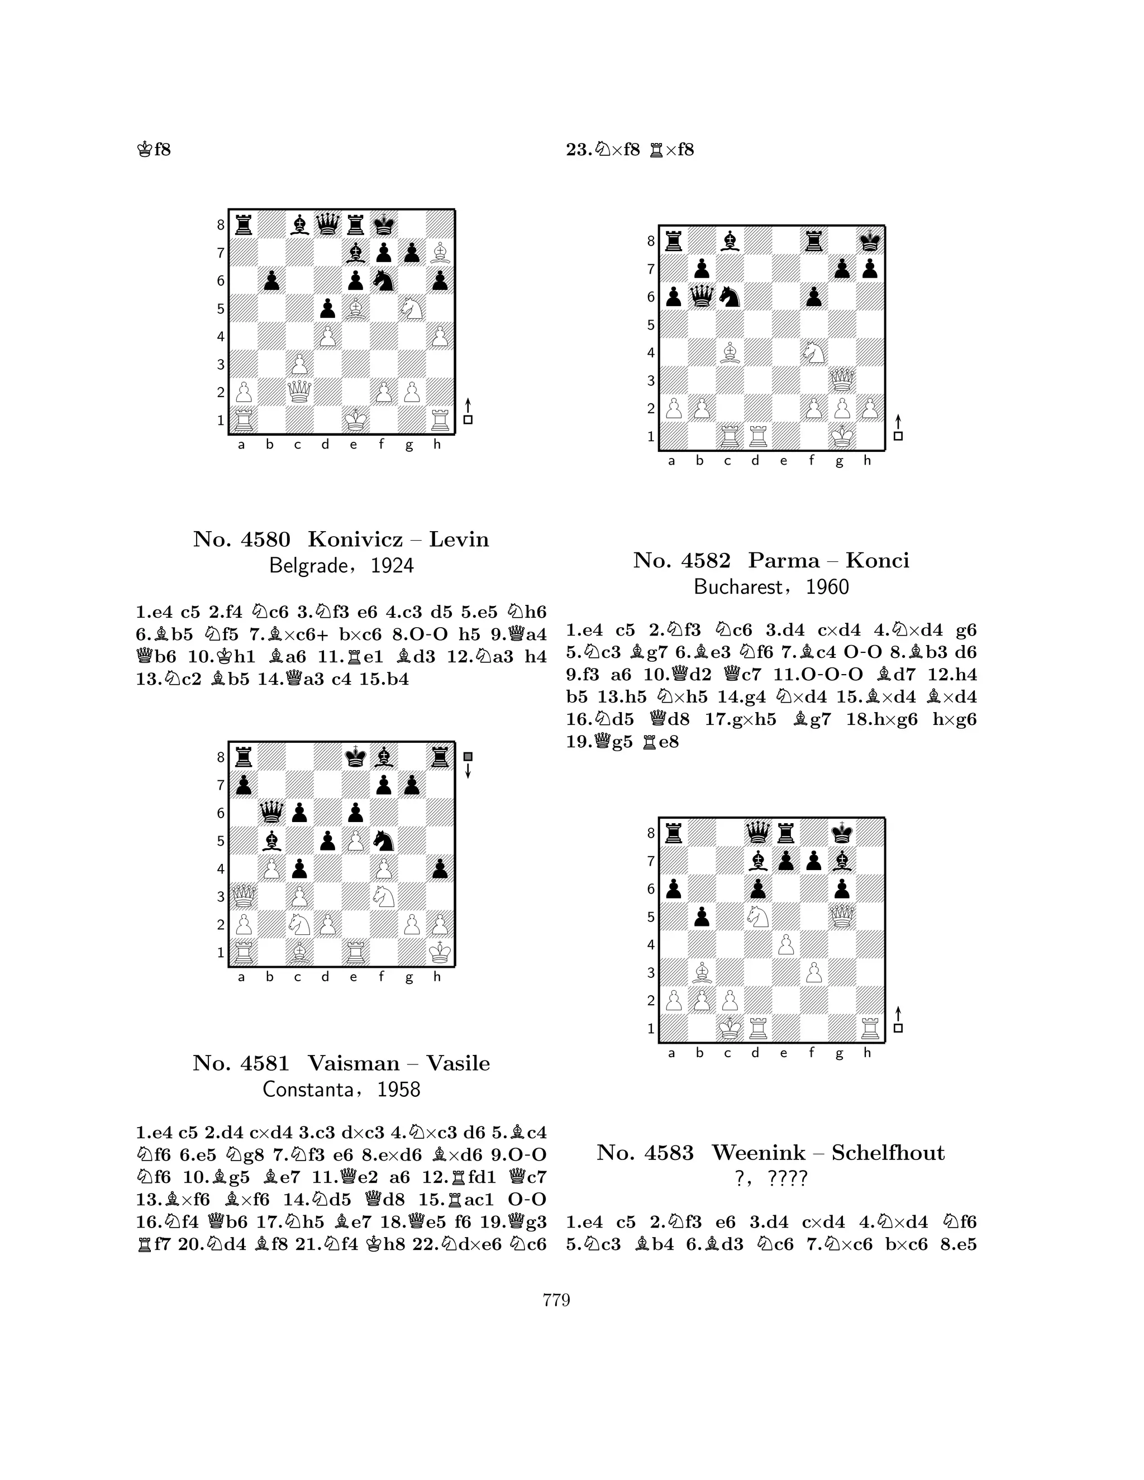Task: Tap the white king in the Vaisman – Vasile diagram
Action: (x=440, y=952)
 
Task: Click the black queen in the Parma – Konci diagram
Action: (x=702, y=296)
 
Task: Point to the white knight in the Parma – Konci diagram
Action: (x=813, y=352)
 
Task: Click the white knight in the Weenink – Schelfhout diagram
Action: (x=757, y=916)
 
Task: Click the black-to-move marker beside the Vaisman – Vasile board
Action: (x=468, y=756)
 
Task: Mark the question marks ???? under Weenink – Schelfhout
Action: (x=788, y=1178)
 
